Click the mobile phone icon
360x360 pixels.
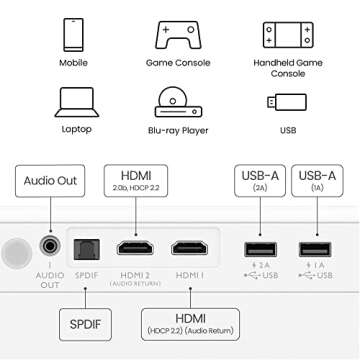click(73, 35)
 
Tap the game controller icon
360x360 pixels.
click(180, 35)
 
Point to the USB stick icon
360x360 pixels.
click(286, 103)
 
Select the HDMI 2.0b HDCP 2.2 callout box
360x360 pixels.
click(135, 180)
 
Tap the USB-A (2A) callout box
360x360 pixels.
click(261, 181)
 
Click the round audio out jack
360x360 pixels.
click(47, 245)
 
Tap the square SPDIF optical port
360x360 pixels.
click(83, 247)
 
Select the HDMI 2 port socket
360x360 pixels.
click(135, 247)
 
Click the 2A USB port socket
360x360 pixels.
click(260, 247)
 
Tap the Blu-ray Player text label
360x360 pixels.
click(181, 130)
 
